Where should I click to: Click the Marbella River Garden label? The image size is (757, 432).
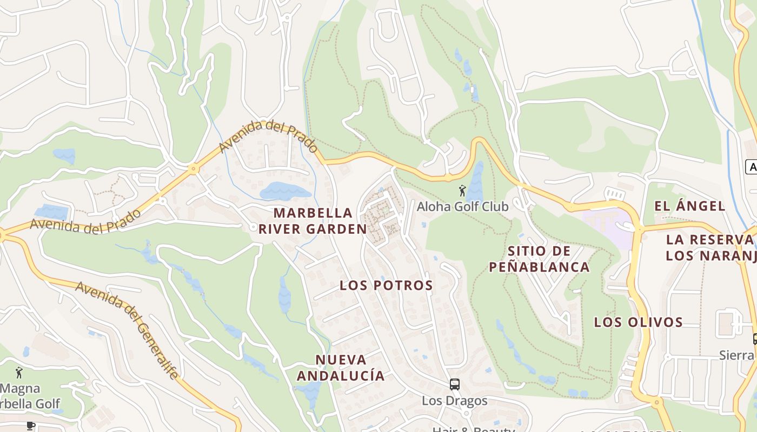313,221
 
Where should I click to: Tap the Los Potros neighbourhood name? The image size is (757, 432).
386,285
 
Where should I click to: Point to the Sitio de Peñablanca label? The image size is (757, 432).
539,259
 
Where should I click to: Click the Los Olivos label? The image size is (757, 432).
639,322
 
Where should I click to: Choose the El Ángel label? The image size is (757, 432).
689,206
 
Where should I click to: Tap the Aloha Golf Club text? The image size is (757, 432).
462,206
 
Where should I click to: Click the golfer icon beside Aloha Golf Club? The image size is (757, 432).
462,191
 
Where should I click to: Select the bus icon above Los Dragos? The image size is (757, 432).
455,384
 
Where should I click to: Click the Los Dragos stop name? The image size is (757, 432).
454,401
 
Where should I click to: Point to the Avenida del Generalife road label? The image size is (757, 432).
128,329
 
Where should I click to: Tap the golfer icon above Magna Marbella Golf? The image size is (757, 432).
19,373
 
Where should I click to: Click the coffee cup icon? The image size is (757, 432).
31,426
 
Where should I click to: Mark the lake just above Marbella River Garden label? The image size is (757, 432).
285,191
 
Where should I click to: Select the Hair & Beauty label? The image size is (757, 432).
473,429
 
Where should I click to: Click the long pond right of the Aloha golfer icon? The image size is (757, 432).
476,181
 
